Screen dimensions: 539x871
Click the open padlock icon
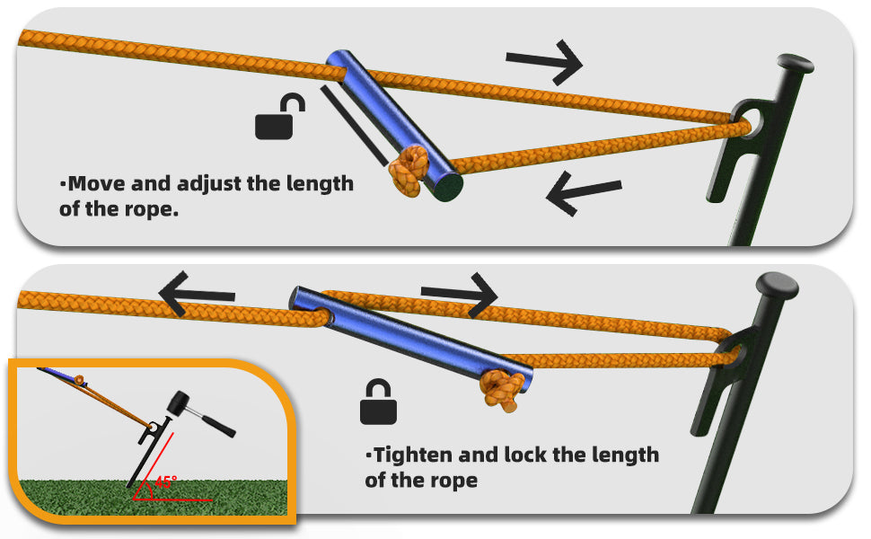point(277,120)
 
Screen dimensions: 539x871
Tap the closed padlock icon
point(378,403)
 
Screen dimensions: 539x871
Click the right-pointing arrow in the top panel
point(544,61)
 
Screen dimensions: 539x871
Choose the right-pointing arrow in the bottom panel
point(459,293)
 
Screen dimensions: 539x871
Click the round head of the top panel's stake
point(796,64)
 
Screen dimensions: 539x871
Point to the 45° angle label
point(165,482)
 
